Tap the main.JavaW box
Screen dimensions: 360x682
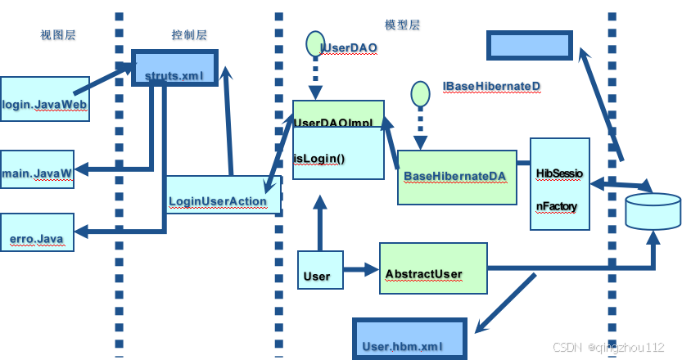click(37, 172)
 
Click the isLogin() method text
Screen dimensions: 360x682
click(319, 159)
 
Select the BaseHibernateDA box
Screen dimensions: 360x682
click(457, 176)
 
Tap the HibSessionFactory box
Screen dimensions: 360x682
click(560, 185)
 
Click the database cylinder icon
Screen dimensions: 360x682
click(653, 211)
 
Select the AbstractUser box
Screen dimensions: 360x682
click(432, 268)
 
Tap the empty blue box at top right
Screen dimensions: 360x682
click(529, 45)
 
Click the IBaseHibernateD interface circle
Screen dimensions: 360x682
click(420, 92)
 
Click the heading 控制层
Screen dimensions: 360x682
click(188, 35)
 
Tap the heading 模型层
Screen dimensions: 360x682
click(401, 25)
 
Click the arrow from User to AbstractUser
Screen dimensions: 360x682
click(360, 268)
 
